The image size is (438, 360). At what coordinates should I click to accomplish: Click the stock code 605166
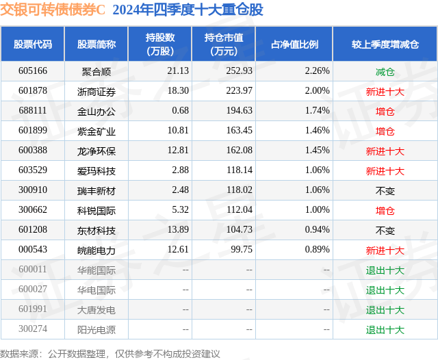pyautogui.click(x=33, y=71)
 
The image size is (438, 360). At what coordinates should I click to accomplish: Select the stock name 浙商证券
pyautogui.click(x=96, y=91)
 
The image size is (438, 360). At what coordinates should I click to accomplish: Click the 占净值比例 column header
pyautogui.click(x=294, y=44)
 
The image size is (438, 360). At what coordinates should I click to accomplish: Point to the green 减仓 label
pyautogui.click(x=385, y=71)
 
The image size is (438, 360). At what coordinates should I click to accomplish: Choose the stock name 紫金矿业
pyautogui.click(x=96, y=131)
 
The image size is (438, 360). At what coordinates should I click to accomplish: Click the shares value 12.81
pyautogui.click(x=178, y=151)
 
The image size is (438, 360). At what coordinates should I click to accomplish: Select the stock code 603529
pyautogui.click(x=33, y=170)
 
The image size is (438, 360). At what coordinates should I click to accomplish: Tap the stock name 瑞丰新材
pyautogui.click(x=96, y=190)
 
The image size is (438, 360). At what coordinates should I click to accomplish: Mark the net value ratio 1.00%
pyautogui.click(x=318, y=210)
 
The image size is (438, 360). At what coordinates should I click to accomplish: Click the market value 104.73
pyautogui.click(x=239, y=231)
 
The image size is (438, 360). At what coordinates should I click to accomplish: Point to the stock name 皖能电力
pyautogui.click(x=96, y=250)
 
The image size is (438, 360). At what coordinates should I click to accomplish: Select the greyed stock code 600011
pyautogui.click(x=33, y=270)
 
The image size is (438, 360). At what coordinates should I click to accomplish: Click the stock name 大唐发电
pyautogui.click(x=96, y=310)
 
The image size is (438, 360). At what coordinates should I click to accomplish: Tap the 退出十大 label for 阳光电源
pyautogui.click(x=385, y=330)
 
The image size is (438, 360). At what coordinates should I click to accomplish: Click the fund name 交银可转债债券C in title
pyautogui.click(x=53, y=10)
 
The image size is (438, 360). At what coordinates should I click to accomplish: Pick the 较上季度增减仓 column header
pyautogui.click(x=385, y=44)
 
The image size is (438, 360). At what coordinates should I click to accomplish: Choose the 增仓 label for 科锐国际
pyautogui.click(x=385, y=210)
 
